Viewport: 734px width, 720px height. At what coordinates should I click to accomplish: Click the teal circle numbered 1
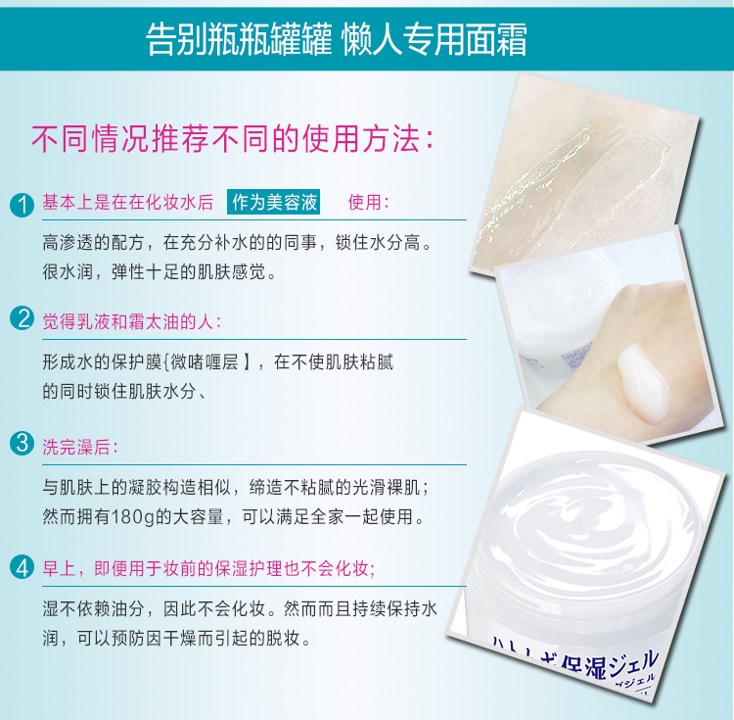[x=22, y=205]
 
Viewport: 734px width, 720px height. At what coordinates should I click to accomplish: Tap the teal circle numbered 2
[x=22, y=318]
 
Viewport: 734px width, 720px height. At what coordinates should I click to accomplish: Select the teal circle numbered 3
[x=22, y=444]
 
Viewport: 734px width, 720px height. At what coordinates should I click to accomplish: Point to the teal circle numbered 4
[x=22, y=567]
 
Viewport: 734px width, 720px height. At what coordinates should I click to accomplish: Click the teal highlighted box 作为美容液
[x=273, y=203]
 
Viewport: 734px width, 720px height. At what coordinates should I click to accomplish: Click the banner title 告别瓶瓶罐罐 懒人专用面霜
[x=336, y=40]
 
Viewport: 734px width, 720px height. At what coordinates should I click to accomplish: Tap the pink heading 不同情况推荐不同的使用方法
[x=233, y=139]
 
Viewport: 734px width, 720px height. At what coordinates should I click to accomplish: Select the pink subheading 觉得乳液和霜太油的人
[x=132, y=322]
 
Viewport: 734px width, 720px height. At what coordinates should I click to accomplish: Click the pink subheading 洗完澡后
[x=80, y=447]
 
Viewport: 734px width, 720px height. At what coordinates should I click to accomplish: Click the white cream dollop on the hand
[x=645, y=380]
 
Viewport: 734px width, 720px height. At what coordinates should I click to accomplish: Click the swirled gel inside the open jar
[x=591, y=529]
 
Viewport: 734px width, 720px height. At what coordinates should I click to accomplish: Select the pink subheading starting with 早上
[x=208, y=569]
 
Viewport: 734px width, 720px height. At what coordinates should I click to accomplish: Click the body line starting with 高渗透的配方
[x=237, y=243]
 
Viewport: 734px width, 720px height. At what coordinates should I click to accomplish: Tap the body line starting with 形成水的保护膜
[x=218, y=362]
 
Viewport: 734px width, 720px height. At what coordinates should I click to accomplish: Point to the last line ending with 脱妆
[x=177, y=638]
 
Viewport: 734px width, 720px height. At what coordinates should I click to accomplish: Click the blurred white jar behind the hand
[x=555, y=310]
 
